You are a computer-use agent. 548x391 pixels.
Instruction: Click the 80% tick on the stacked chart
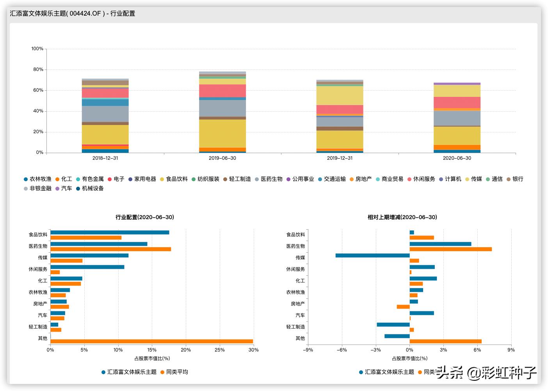click(38, 70)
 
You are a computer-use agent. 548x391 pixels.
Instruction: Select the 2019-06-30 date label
click(222, 158)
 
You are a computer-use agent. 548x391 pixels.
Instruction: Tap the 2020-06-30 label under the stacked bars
click(457, 158)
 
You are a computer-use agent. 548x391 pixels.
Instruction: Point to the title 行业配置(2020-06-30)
click(145, 217)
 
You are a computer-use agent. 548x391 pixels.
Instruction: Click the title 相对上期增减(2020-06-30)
click(402, 217)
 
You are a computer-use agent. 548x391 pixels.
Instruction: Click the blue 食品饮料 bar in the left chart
click(110, 232)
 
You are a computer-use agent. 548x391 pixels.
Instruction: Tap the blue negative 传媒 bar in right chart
click(372, 255)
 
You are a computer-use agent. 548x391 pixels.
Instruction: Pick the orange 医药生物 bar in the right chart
click(450, 249)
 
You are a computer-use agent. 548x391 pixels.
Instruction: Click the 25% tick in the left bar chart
click(220, 350)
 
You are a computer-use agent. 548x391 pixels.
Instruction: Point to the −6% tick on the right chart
click(342, 350)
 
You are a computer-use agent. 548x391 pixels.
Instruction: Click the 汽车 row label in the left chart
click(43, 315)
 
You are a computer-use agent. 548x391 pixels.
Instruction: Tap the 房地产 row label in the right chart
click(298, 304)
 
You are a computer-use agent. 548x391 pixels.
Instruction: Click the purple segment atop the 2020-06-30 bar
click(457, 84)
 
